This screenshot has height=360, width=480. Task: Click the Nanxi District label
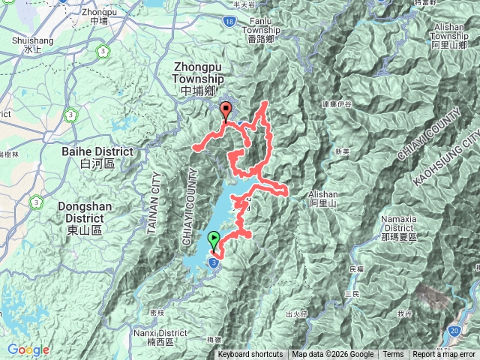click(160, 332)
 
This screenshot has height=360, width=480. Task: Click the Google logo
click(28, 350)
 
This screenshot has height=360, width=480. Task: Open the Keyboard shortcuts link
click(250, 355)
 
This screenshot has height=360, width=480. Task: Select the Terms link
click(393, 355)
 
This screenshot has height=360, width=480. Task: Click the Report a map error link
click(445, 355)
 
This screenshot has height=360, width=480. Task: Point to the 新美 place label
click(343, 151)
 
